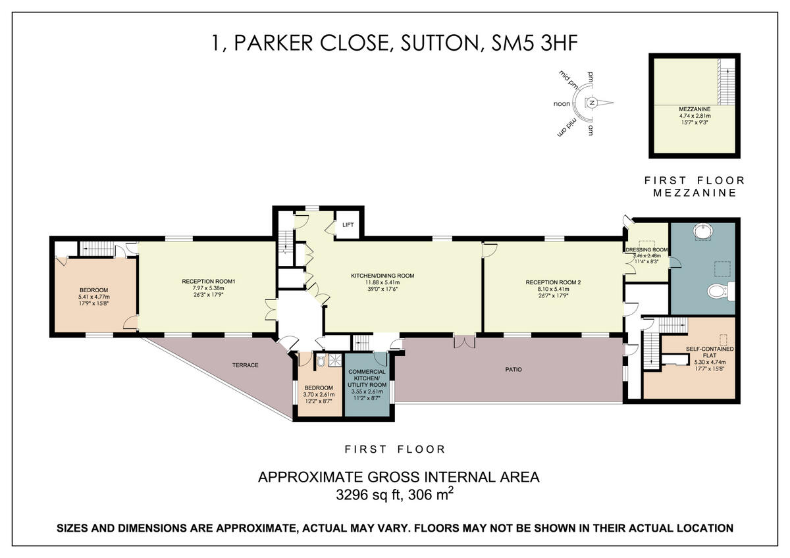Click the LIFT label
(348, 225)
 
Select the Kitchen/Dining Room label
(391, 276)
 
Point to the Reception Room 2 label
(553, 282)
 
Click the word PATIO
(513, 370)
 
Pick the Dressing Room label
(647, 250)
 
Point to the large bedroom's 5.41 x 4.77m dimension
(93, 297)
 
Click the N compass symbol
(592, 103)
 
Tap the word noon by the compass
(562, 104)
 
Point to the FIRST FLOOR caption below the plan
(395, 449)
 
